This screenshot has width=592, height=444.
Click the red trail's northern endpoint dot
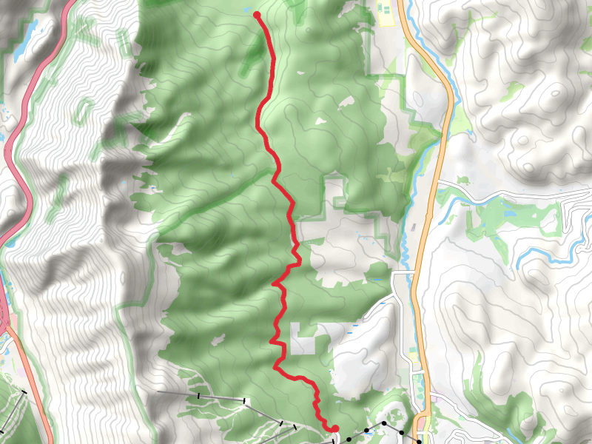257,14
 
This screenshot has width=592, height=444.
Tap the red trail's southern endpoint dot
334,428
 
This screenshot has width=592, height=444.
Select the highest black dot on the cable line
384,423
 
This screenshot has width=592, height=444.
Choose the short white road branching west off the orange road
403,273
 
